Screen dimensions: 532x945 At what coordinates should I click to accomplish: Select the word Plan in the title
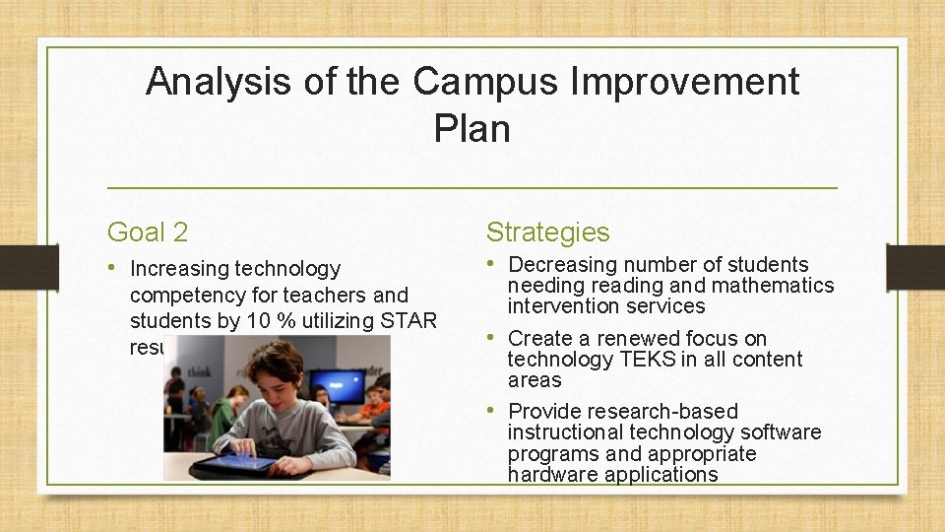(x=472, y=129)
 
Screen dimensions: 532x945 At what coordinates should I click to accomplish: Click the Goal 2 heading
(x=148, y=233)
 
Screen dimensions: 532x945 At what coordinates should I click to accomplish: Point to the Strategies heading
(x=547, y=233)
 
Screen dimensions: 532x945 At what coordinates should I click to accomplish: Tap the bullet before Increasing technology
(x=114, y=268)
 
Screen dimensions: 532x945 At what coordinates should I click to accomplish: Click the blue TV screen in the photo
(x=337, y=385)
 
